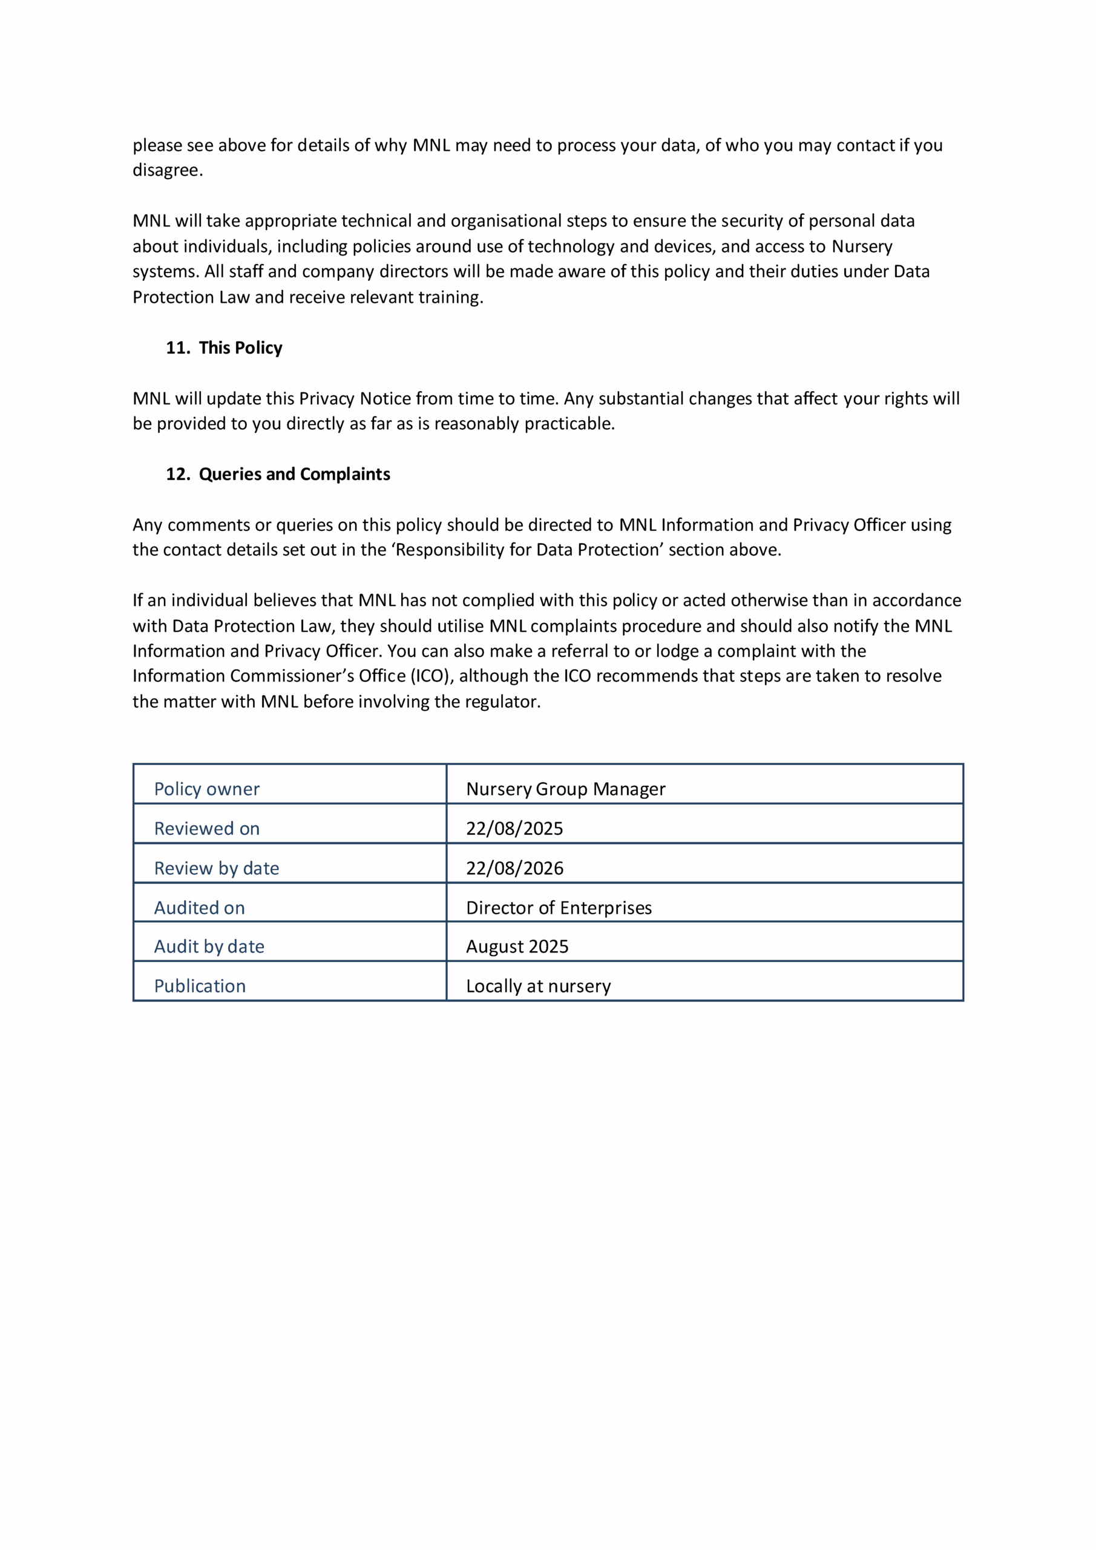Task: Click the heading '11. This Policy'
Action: [x=224, y=348]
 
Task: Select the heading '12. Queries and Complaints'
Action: [x=278, y=474]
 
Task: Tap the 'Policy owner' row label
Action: [x=206, y=788]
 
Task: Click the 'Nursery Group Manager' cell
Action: [x=565, y=788]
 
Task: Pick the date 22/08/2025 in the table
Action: [x=514, y=828]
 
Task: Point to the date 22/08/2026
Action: [x=514, y=868]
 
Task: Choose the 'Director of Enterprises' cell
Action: [x=559, y=908]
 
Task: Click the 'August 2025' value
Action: [x=517, y=946]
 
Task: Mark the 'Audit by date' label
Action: [x=209, y=946]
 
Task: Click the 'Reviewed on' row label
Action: [x=206, y=828]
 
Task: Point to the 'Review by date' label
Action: [x=217, y=868]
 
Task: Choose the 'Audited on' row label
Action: [x=199, y=908]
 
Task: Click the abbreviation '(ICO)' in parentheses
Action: [x=430, y=676]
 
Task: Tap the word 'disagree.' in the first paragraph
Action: [x=168, y=170]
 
